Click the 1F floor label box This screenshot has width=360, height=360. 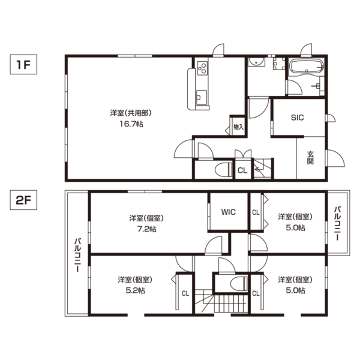pos(23,64)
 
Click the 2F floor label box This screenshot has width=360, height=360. pos(23,200)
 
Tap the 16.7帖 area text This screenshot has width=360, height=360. pos(131,124)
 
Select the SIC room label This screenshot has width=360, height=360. pos(298,118)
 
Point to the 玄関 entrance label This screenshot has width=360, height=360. pos(310,158)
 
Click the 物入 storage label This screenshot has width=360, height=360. pos(239,127)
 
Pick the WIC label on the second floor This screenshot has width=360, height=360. pos(229,212)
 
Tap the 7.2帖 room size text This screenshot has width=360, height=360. pos(147,229)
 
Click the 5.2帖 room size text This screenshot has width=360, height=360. pos(135,290)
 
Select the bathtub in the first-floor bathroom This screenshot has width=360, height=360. pos(307,67)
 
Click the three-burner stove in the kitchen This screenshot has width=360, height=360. pos(203,68)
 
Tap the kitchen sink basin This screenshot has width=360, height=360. pos(202,97)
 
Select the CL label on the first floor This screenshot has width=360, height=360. pos(242,170)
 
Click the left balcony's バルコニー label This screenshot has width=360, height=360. pos(77,256)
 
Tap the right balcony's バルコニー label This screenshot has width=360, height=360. pos(337,224)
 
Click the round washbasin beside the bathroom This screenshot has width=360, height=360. pos(256,62)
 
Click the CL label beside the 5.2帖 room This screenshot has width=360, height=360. pos(185,293)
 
